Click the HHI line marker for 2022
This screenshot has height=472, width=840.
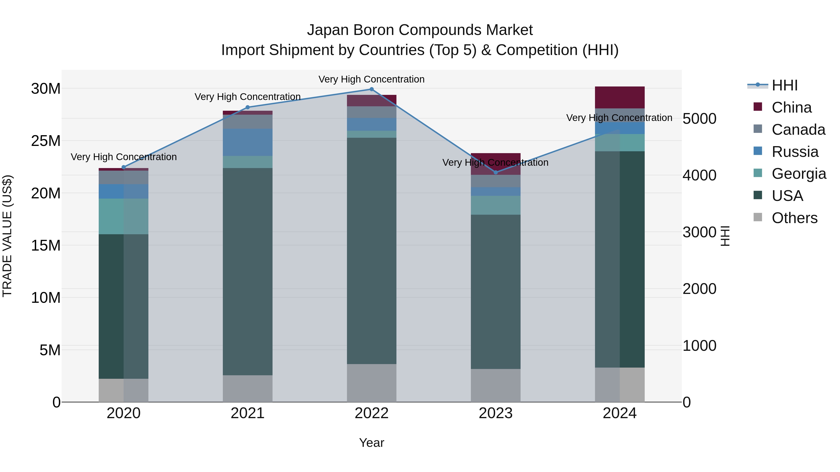pos(371,89)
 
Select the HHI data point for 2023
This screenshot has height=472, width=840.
pos(496,172)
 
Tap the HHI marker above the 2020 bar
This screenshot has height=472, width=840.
pos(124,167)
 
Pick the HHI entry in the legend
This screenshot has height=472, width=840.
pos(784,85)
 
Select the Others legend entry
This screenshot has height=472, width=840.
pos(794,218)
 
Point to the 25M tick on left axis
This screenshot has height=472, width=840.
pos(46,141)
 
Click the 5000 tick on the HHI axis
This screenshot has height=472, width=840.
pos(700,119)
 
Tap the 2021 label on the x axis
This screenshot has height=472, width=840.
pos(248,413)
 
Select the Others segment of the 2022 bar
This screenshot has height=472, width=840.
pos(371,383)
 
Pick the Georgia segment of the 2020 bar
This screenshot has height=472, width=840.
pos(124,216)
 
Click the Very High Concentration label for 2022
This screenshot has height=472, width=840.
pos(371,79)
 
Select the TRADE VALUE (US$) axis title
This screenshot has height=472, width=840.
pos(7,236)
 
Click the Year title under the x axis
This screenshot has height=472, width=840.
pos(371,443)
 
